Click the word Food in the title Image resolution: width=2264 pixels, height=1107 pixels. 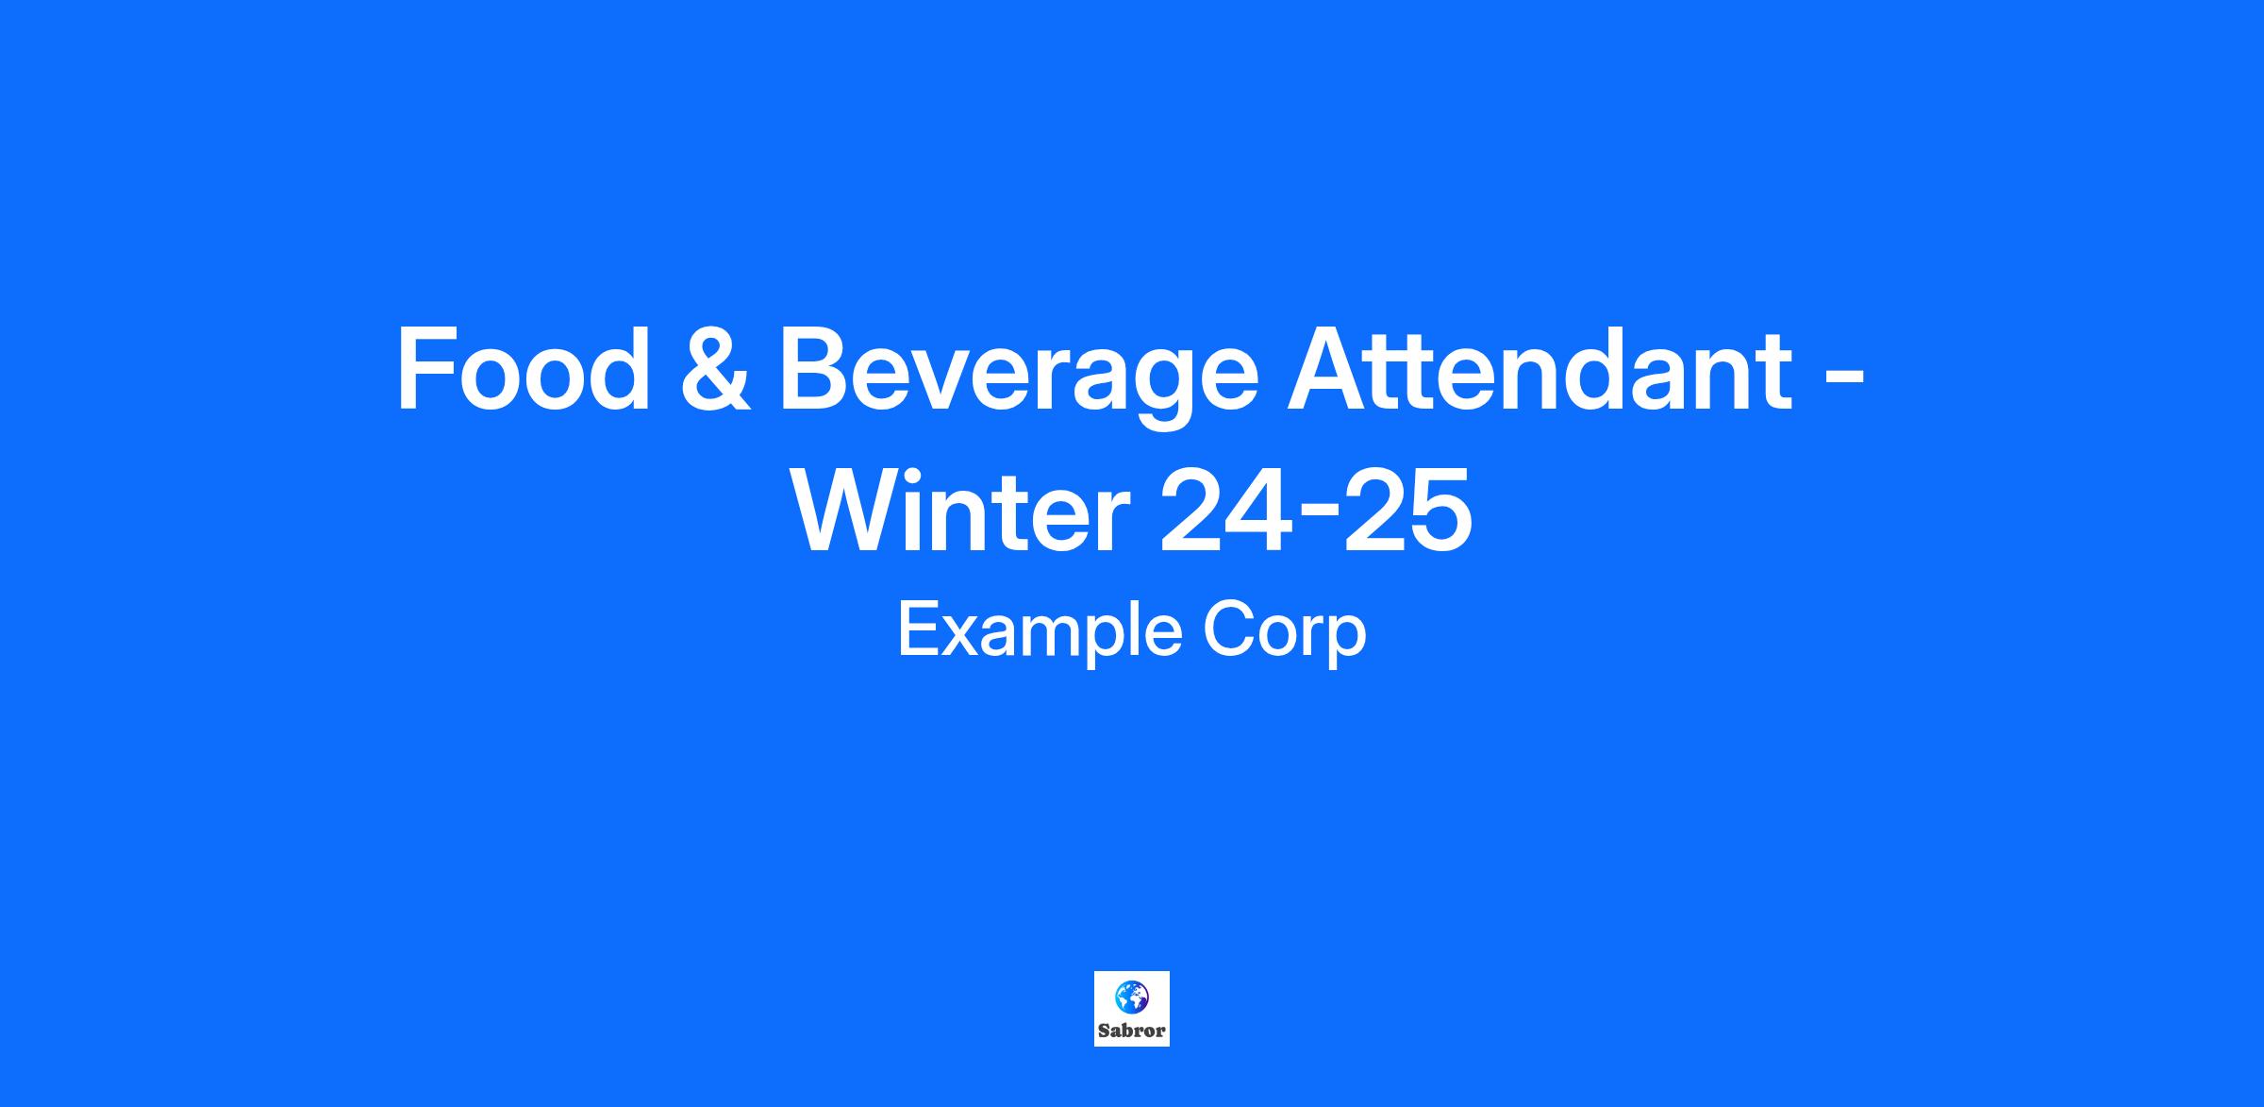pos(524,369)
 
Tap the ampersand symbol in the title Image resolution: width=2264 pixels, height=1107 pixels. pos(716,369)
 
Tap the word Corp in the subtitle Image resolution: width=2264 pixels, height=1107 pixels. pos(1285,633)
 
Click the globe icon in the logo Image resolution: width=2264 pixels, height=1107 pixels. pos(1131,996)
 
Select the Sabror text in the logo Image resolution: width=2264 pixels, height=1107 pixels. pos(1131,1031)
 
